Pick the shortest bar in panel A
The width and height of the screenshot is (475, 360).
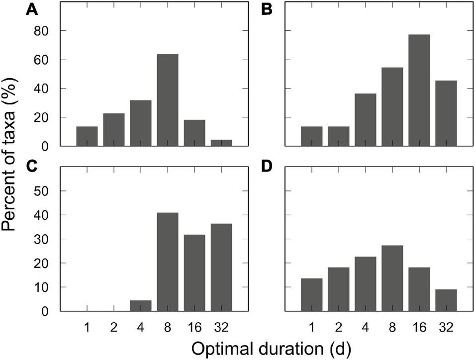pos(221,143)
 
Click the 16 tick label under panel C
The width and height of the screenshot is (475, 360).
pos(194,328)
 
